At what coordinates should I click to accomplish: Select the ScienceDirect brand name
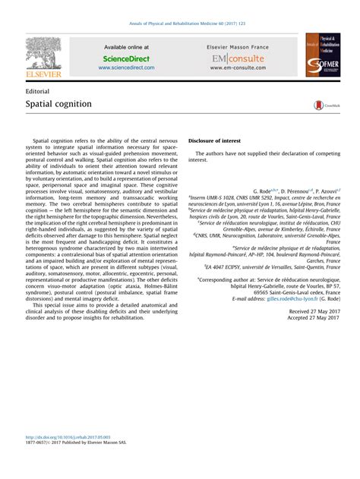[126, 57]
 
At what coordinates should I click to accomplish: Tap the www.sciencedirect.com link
[126, 67]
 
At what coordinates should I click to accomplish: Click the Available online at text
[126, 47]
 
